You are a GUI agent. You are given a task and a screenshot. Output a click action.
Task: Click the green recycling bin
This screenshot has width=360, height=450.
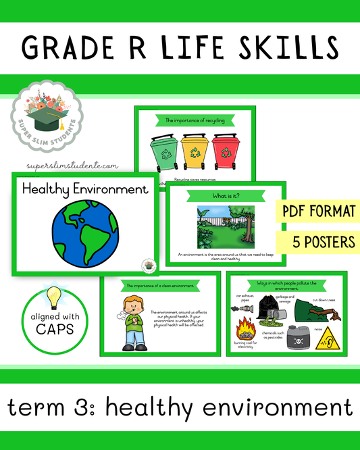click(x=162, y=153)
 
